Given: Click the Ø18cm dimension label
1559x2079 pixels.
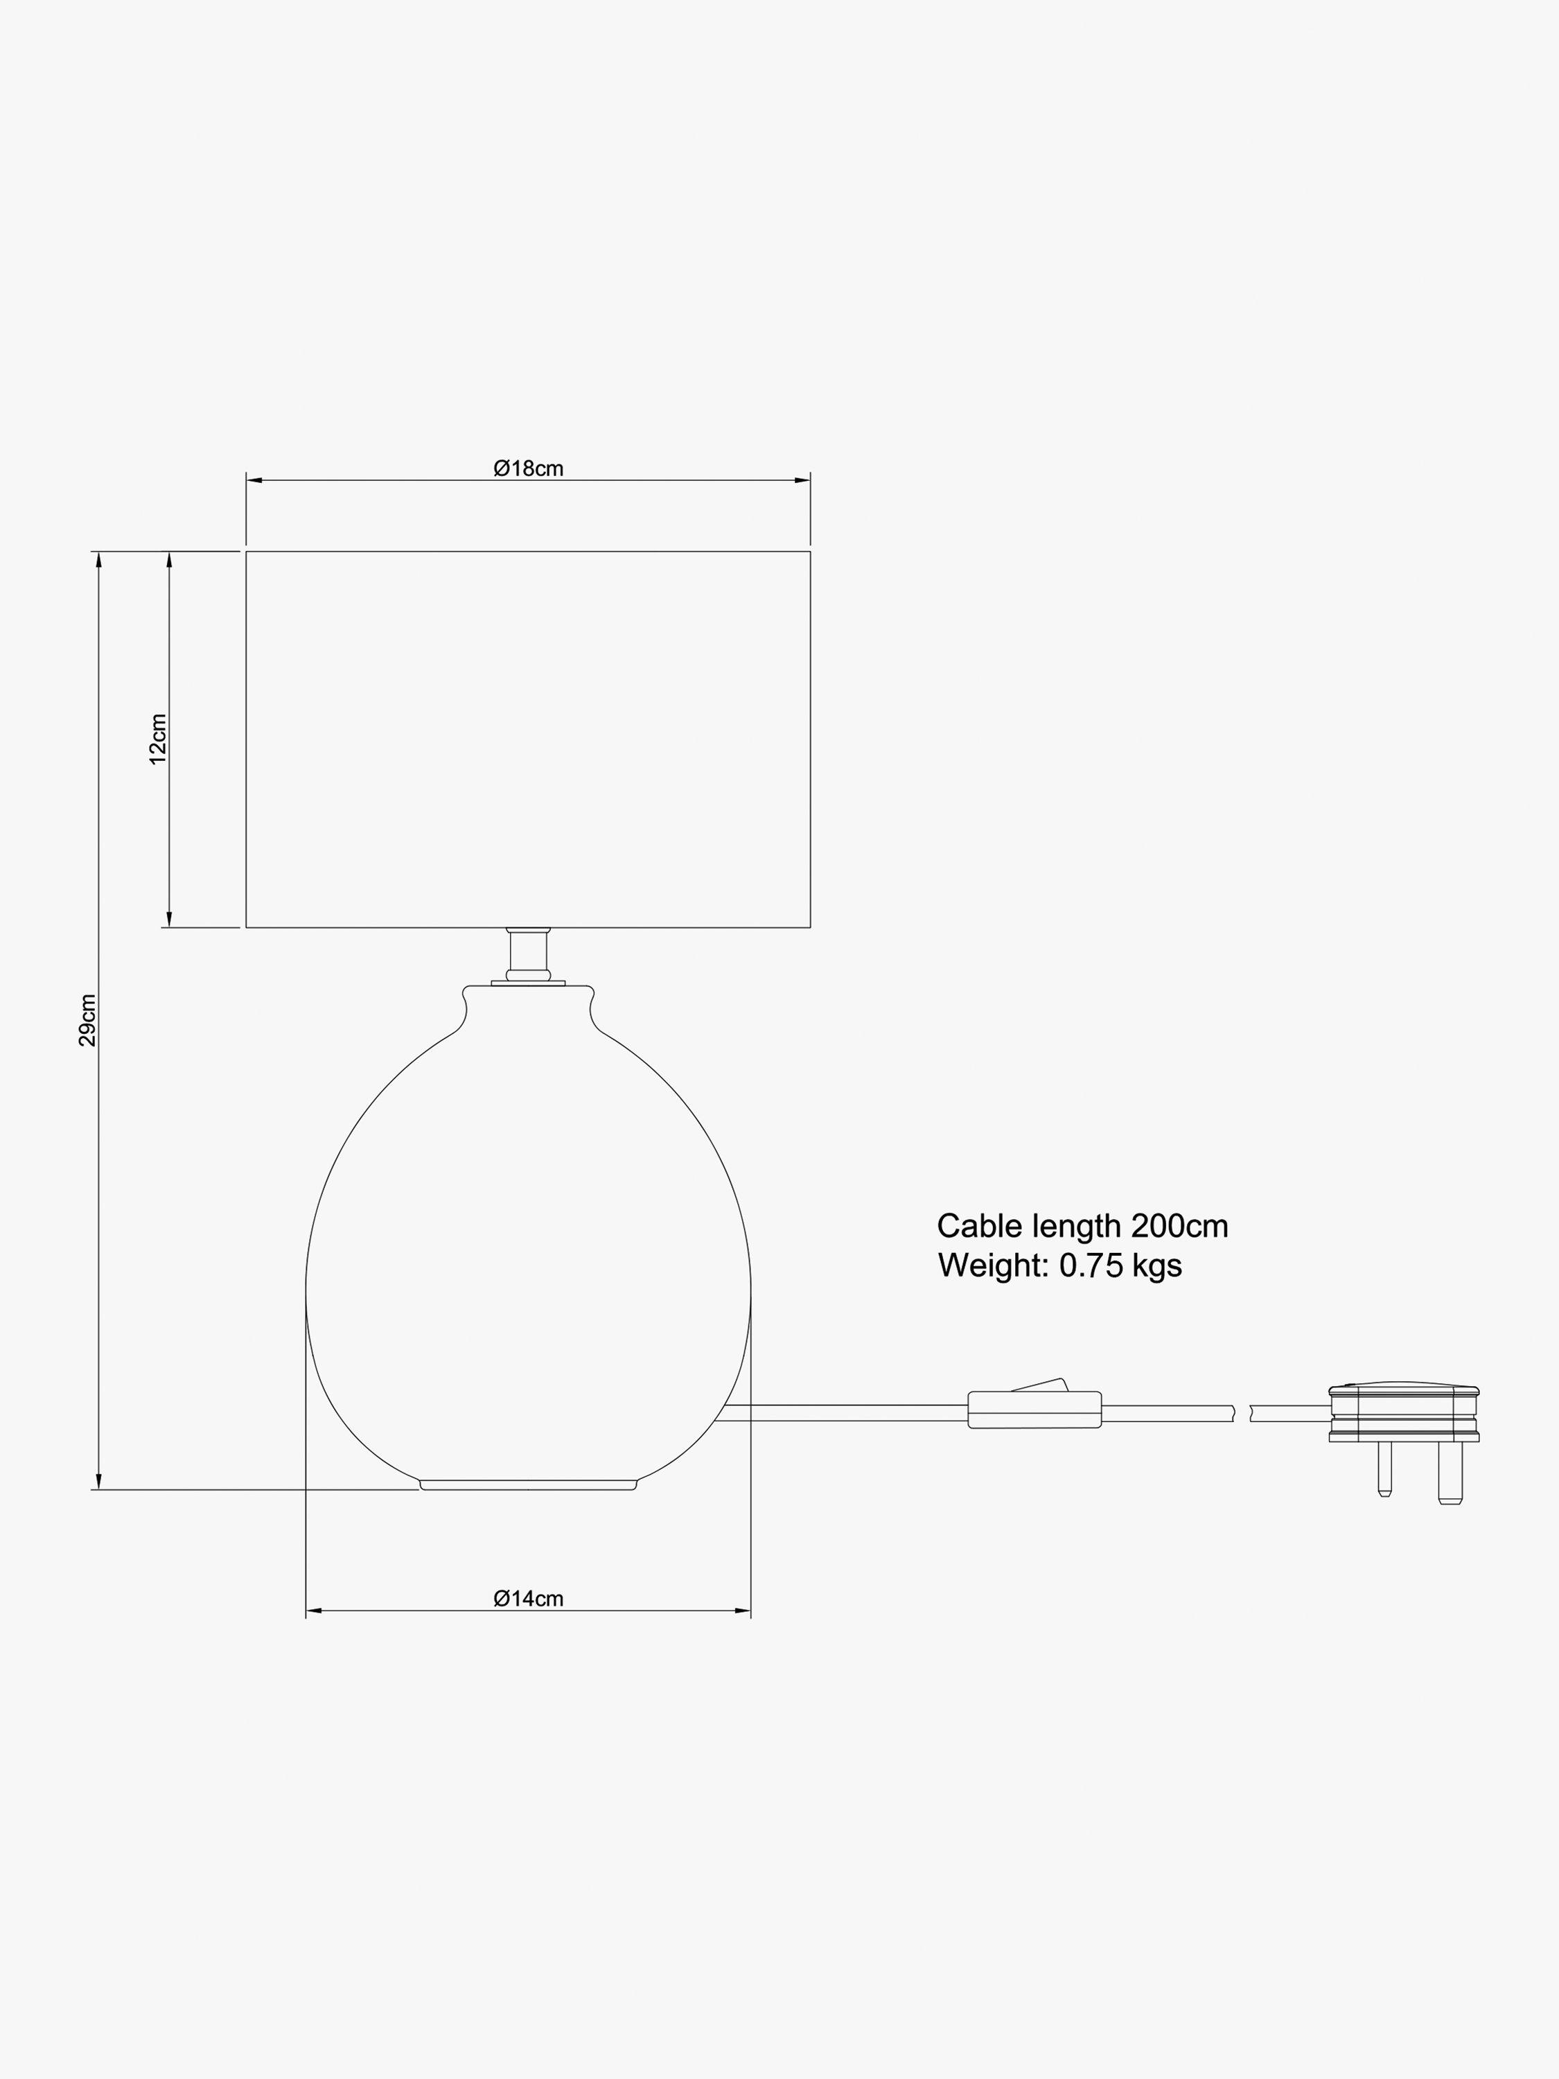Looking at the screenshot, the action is (x=528, y=468).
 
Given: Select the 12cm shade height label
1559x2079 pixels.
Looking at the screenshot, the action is (x=158, y=739).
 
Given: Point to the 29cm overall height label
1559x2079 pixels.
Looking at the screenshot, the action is (x=87, y=1020).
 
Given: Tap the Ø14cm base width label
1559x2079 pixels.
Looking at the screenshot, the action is (x=528, y=1599).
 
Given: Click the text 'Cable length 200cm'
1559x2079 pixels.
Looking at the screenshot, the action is (x=1082, y=1227).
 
